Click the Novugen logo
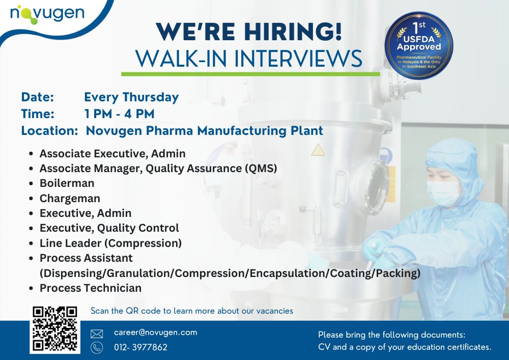pyautogui.click(x=47, y=14)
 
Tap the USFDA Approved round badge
pyautogui.click(x=419, y=45)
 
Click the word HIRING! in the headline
pyautogui.click(x=293, y=32)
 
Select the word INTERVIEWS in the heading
pyautogui.click(x=298, y=59)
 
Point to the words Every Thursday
pyautogui.click(x=131, y=97)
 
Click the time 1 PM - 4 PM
pyautogui.click(x=119, y=114)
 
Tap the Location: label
pyautogui.click(x=50, y=130)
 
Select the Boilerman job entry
pyautogui.click(x=67, y=183)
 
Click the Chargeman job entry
pyautogui.click(x=70, y=198)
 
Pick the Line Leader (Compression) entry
pyautogui.click(x=110, y=243)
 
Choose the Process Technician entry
pyautogui.click(x=91, y=288)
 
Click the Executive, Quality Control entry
pyautogui.click(x=109, y=228)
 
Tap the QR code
pyautogui.click(x=55, y=329)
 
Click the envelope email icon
pyautogui.click(x=97, y=334)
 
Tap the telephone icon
pyautogui.click(x=97, y=348)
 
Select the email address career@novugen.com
pyautogui.click(x=155, y=333)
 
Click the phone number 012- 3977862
pyautogui.click(x=140, y=347)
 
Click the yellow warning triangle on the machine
pyautogui.click(x=318, y=150)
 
